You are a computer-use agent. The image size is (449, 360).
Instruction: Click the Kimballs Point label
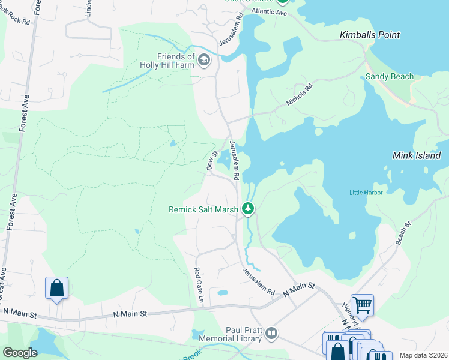coord(369,35)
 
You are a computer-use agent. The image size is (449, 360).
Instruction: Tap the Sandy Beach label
coord(390,76)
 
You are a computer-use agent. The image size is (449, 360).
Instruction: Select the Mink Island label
coord(417,155)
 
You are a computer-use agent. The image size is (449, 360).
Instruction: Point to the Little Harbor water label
coord(366,192)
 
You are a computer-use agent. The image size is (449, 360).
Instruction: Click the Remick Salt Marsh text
coord(203,209)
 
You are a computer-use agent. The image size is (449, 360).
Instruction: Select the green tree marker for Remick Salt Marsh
coord(247,209)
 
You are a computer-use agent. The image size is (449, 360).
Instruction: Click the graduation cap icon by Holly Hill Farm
coord(204,59)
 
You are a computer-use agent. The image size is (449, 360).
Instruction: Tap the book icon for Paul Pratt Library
coord(271,332)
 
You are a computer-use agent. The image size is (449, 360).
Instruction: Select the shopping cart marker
coord(362,305)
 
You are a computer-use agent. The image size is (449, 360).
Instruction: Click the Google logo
coord(20,353)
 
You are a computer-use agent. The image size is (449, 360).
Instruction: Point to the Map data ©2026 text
coord(423,355)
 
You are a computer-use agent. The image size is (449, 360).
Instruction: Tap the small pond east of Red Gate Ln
coord(222,293)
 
